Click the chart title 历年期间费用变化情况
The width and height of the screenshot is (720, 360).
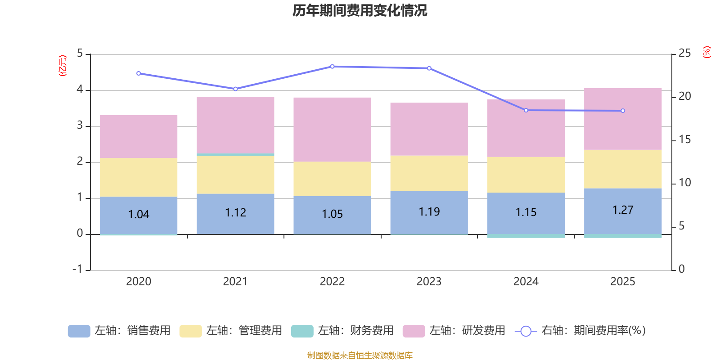[360, 10]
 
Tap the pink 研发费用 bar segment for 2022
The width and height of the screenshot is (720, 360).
[332, 129]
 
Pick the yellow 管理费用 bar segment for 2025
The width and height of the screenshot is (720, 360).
[623, 169]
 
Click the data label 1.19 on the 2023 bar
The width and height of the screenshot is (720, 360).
[429, 211]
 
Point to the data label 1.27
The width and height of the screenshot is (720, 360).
[623, 210]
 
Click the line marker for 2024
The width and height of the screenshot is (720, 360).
[526, 110]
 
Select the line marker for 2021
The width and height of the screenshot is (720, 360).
[235, 89]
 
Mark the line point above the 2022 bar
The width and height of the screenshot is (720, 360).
[332, 67]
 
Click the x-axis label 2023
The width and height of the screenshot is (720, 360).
[429, 281]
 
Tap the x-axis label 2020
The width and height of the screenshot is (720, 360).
[139, 281]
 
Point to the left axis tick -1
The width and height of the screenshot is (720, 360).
[78, 269]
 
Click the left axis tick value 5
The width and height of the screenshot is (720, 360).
[80, 53]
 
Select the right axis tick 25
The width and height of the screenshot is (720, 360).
[684, 53]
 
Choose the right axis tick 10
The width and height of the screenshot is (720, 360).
[684, 183]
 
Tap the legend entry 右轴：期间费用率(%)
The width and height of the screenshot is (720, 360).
[580, 331]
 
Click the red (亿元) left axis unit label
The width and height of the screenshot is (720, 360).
[63, 66]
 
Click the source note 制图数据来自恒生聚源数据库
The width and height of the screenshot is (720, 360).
[360, 355]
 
